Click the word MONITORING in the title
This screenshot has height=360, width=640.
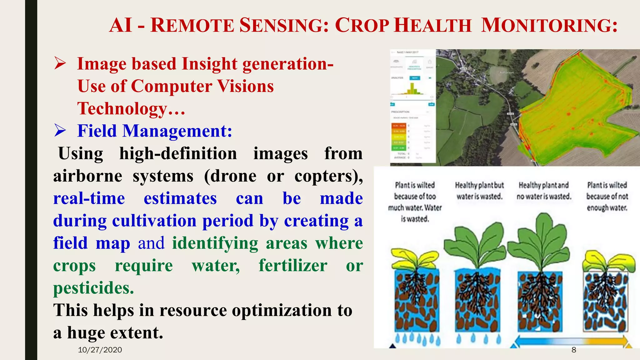549,25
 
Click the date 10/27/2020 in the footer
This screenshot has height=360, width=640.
100,350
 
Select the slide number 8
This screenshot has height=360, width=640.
574,350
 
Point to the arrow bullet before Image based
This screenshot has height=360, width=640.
60,63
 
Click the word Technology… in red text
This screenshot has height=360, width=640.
131,108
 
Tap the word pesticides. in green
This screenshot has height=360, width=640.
93,288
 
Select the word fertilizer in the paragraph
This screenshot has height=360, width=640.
293,266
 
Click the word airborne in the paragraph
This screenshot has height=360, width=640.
87,176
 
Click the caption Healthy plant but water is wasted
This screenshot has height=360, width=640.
479,191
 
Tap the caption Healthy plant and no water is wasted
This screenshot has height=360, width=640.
544,191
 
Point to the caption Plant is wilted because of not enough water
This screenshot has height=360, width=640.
607,196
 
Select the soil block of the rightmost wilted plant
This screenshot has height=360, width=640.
605,302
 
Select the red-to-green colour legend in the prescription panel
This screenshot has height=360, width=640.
399,137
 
